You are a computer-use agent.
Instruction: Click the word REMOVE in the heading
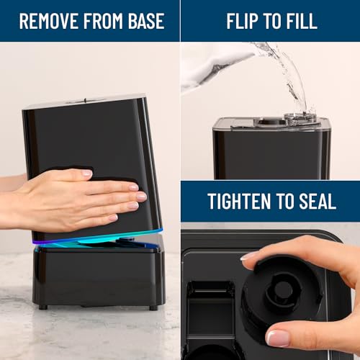tap(45, 20)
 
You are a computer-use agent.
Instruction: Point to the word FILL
tap(301, 20)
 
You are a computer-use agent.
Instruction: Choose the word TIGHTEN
tap(241, 201)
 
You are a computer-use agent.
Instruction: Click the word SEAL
tap(317, 201)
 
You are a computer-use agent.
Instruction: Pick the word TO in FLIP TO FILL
tap(274, 20)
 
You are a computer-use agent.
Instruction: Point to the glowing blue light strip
tap(97, 239)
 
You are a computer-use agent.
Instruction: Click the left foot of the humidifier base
tap(44, 307)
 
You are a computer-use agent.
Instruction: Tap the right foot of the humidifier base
tap(152, 307)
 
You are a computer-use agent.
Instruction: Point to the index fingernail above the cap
tap(248, 256)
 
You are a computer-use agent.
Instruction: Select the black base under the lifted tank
tap(97, 277)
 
